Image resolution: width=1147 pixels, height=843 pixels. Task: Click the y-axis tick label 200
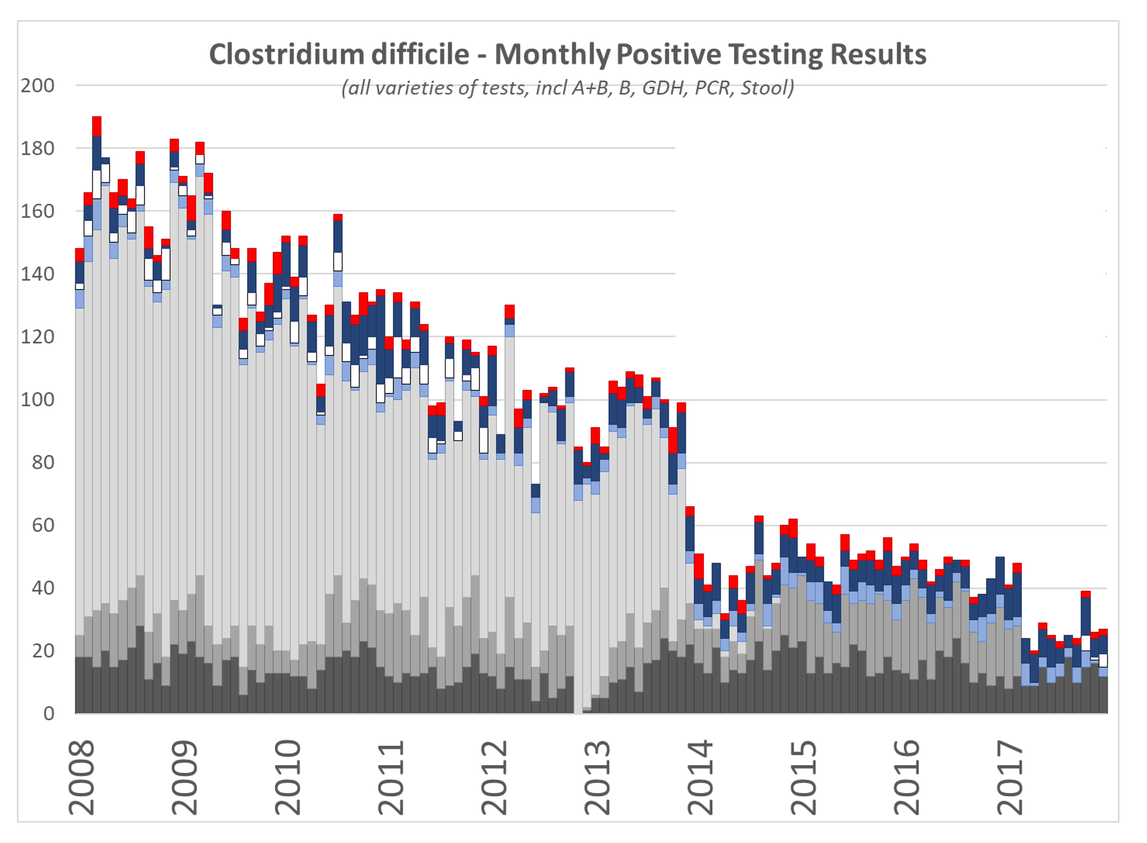(x=37, y=86)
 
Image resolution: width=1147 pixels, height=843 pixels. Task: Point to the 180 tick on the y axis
(x=37, y=148)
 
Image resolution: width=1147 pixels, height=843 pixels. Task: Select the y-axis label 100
(x=37, y=400)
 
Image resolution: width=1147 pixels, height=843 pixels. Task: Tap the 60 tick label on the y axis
(x=43, y=525)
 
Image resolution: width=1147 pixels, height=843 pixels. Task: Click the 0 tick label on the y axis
(x=49, y=713)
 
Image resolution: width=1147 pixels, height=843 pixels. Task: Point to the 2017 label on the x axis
(x=1010, y=778)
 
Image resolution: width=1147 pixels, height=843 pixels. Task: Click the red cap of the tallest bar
(x=97, y=126)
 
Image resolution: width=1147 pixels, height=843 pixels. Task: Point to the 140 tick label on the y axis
(x=37, y=274)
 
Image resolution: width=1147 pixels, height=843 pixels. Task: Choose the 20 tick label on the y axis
(x=43, y=651)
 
